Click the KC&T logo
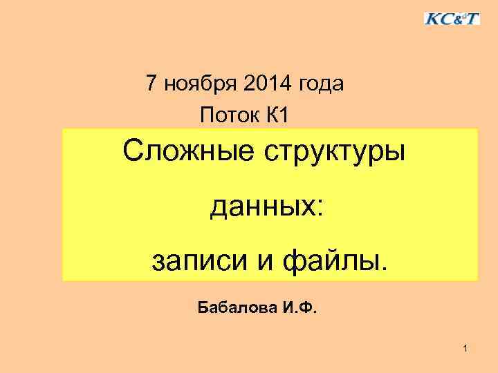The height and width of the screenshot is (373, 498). tap(452, 18)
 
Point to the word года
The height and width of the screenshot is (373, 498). tap(321, 85)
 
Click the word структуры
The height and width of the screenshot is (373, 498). tap(334, 151)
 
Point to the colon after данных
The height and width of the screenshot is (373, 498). tap(318, 209)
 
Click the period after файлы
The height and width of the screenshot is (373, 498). tap(385, 268)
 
